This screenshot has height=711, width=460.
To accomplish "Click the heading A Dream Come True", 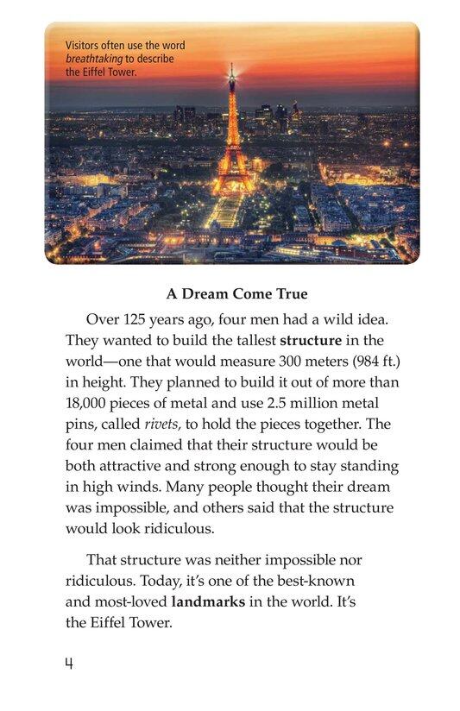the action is point(230,293).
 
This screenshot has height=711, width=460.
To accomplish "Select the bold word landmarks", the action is point(208,601).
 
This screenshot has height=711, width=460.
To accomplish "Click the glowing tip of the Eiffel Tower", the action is point(231,69).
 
